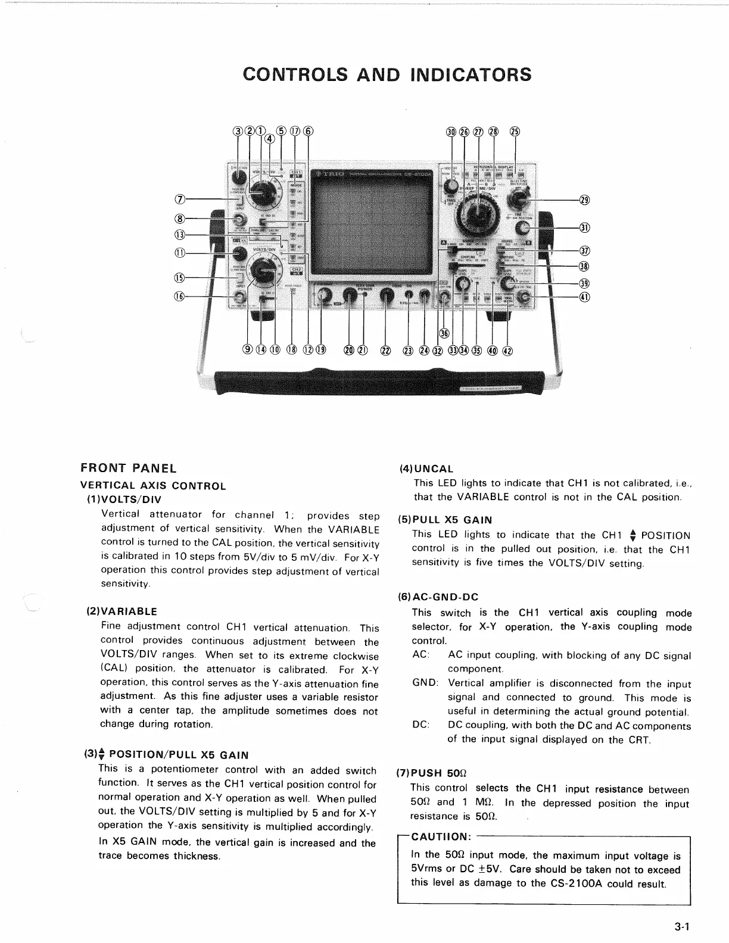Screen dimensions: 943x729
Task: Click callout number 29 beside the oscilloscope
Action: pos(584,199)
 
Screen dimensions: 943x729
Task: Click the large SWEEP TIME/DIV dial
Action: pos(476,217)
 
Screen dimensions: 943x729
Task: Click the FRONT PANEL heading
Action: pos(129,468)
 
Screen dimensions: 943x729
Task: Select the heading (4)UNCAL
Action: pos(426,469)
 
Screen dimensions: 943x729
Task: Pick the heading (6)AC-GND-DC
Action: pos(438,597)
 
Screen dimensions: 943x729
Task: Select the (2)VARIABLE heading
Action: pos(122,611)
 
